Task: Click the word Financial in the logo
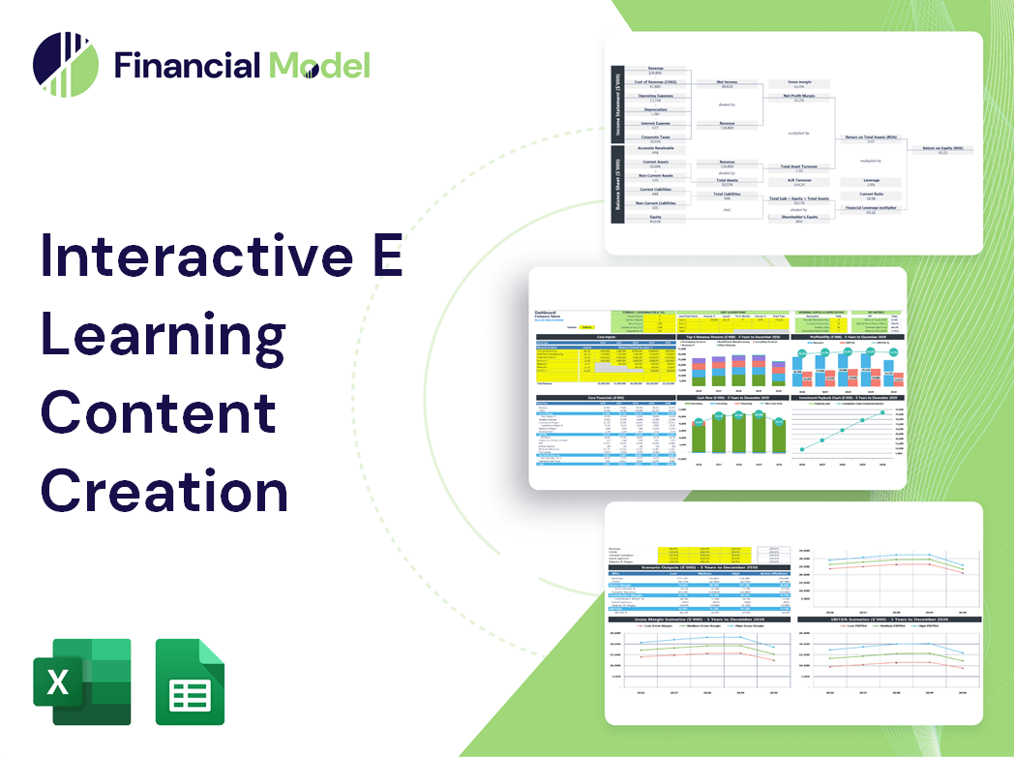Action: (186, 65)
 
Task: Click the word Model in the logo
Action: (319, 65)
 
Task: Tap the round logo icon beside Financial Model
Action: (66, 65)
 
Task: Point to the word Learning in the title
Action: (163, 334)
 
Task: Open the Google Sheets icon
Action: (190, 681)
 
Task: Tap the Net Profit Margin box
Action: (799, 98)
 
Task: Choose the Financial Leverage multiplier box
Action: (870, 209)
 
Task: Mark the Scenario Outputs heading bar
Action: (693, 566)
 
